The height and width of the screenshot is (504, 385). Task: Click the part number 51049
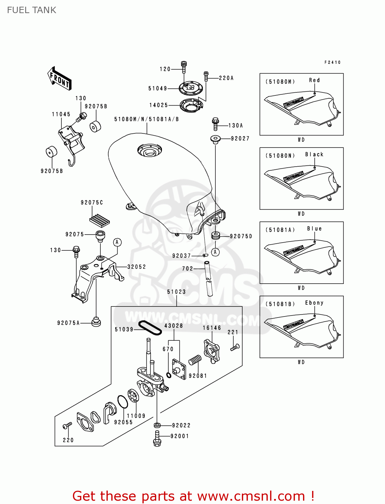tap(158, 88)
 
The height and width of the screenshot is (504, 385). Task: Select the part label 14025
tap(159, 105)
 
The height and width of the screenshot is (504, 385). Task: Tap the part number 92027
tap(240, 138)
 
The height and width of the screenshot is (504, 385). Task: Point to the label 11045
tap(61, 114)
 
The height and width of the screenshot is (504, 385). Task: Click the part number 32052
tap(136, 267)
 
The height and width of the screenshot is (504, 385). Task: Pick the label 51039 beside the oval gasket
tap(124, 329)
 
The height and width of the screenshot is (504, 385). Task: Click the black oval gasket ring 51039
tap(150, 328)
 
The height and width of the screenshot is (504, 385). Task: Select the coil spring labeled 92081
tap(195, 361)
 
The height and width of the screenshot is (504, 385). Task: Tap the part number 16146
tap(212, 328)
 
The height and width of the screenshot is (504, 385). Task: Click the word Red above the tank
tap(314, 80)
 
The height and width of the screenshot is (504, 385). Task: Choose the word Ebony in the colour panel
tap(314, 303)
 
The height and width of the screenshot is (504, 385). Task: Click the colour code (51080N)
tap(280, 156)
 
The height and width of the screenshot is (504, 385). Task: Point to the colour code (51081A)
tap(280, 230)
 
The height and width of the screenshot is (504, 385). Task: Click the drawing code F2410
tap(332, 62)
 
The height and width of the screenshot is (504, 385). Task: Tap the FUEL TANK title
tap(32, 10)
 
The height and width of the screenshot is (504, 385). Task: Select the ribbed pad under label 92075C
tap(100, 220)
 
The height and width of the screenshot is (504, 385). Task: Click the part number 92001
tap(179, 436)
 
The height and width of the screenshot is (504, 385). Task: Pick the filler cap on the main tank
tap(150, 151)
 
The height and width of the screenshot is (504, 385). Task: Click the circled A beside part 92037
tap(215, 252)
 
